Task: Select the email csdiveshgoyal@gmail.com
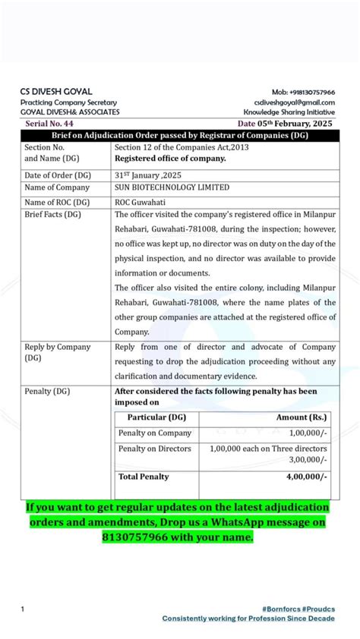[295, 102]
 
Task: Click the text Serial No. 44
[49, 122]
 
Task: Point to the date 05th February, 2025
[286, 122]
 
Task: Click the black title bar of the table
[180, 134]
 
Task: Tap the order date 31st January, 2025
[145, 174]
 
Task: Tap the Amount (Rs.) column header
[302, 417]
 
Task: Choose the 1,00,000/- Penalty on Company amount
[308, 433]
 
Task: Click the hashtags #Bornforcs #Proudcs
[298, 608]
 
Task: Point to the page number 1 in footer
[23, 609]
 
